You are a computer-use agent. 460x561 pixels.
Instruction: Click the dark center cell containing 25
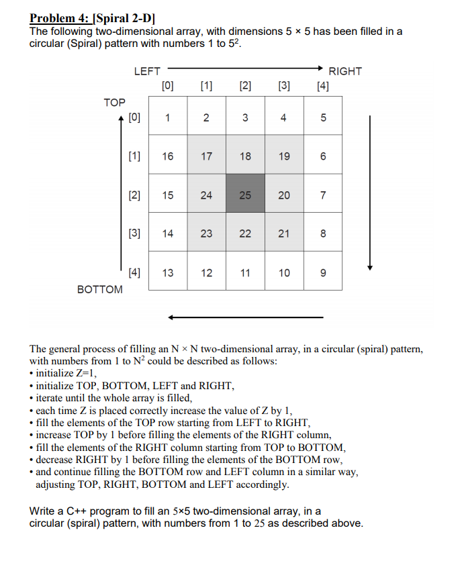coord(245,195)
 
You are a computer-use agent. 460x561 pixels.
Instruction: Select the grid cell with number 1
coord(168,118)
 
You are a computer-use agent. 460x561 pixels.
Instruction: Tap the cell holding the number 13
coord(168,272)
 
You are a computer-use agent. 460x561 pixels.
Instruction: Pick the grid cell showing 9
coord(323,272)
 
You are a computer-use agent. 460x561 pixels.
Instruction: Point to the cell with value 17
coord(206,156)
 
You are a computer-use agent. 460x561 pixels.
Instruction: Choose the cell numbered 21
coord(284,234)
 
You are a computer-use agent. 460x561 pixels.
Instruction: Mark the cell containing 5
coord(323,118)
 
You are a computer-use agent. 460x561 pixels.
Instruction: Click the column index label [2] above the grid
coord(245,85)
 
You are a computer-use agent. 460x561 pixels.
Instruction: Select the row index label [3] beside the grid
coord(134,234)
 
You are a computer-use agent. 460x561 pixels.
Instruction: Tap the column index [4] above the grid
coord(323,85)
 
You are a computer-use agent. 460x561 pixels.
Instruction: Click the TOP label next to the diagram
coord(114,102)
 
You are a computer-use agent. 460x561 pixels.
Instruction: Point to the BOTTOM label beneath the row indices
coord(100,289)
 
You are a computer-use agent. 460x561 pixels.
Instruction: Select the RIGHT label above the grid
coord(345,71)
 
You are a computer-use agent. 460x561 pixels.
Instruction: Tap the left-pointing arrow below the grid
coord(245,317)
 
